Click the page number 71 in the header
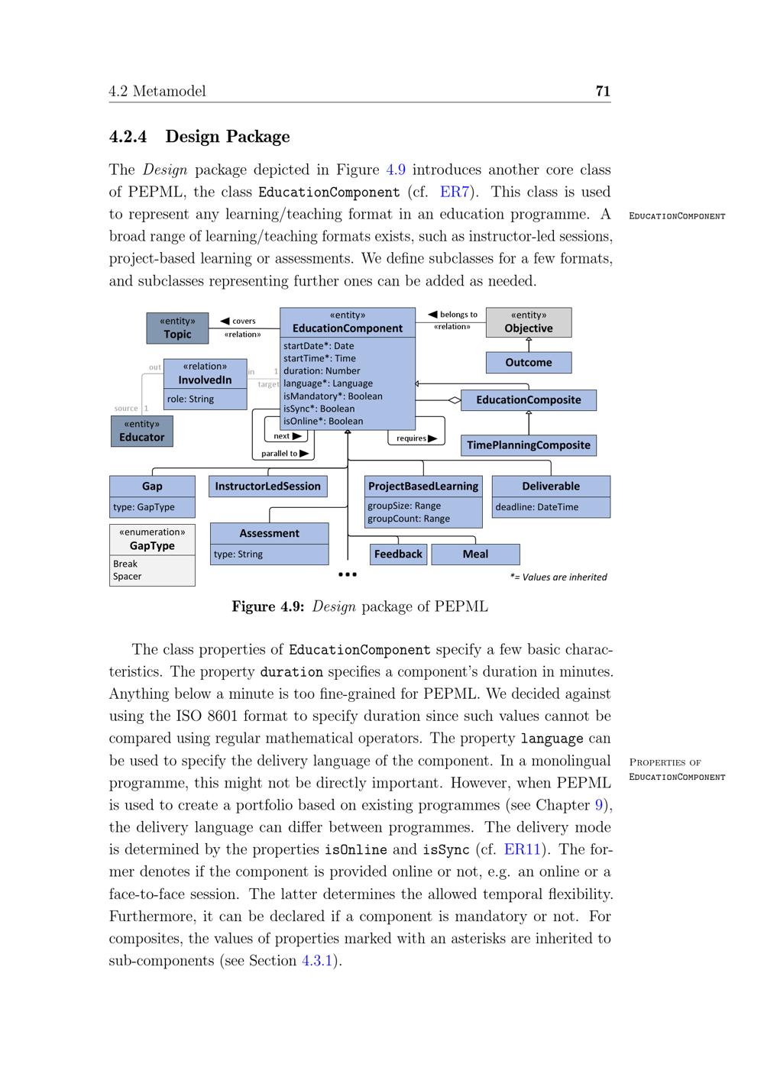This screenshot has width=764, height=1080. (x=603, y=92)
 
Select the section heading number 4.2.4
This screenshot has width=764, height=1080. (x=128, y=137)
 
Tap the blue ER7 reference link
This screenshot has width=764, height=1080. (x=454, y=192)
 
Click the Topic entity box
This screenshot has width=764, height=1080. (x=177, y=328)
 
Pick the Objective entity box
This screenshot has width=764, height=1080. (x=529, y=322)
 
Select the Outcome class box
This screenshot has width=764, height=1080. (x=529, y=363)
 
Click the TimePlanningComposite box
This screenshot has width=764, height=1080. (x=529, y=445)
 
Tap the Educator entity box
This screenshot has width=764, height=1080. (x=142, y=431)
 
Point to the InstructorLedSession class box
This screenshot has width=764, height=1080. (x=268, y=487)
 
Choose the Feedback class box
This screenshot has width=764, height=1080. (x=398, y=555)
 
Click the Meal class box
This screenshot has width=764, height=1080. (x=475, y=555)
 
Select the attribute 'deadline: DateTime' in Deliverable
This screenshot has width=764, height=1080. (x=537, y=507)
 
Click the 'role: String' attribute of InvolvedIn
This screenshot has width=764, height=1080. (x=191, y=399)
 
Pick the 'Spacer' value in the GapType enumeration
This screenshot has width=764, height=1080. (x=128, y=577)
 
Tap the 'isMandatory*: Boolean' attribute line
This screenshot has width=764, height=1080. (x=333, y=396)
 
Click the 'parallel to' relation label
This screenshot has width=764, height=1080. (x=280, y=454)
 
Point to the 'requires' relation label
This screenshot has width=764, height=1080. (x=412, y=438)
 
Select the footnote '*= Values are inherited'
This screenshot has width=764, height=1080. (x=558, y=577)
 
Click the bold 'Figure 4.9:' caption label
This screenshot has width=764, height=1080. (x=268, y=607)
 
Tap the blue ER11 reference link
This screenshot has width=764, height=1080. (x=522, y=849)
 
